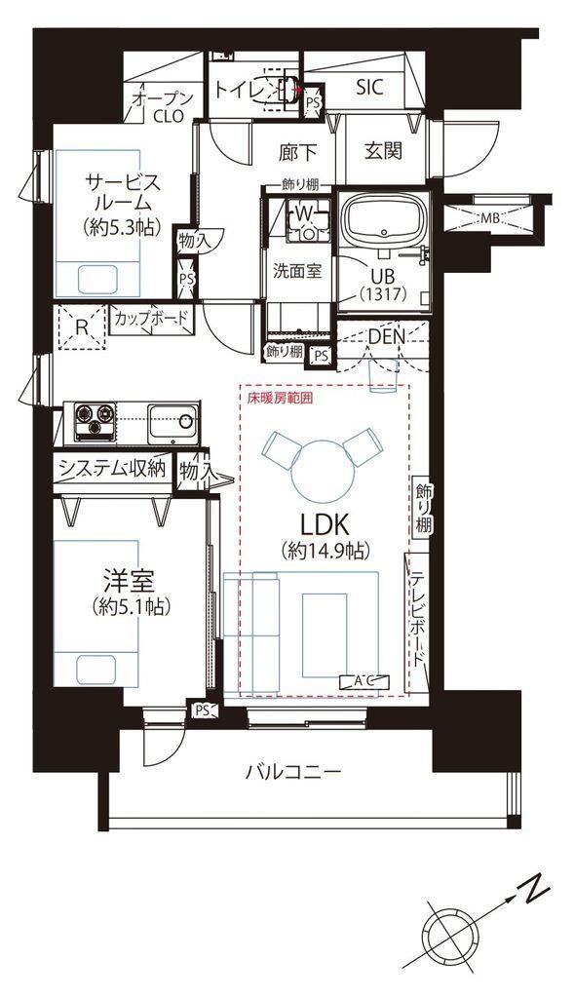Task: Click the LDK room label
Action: (x=325, y=525)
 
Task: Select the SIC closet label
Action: (x=369, y=87)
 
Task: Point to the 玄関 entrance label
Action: (x=384, y=150)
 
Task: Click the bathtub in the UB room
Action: (x=383, y=219)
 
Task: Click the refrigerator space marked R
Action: (x=81, y=327)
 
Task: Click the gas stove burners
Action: (x=95, y=421)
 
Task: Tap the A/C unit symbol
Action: (x=365, y=681)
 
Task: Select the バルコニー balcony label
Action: (x=294, y=772)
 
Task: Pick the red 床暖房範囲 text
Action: (x=280, y=401)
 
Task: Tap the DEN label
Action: (x=386, y=336)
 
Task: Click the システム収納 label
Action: (x=113, y=469)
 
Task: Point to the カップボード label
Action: (x=151, y=318)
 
